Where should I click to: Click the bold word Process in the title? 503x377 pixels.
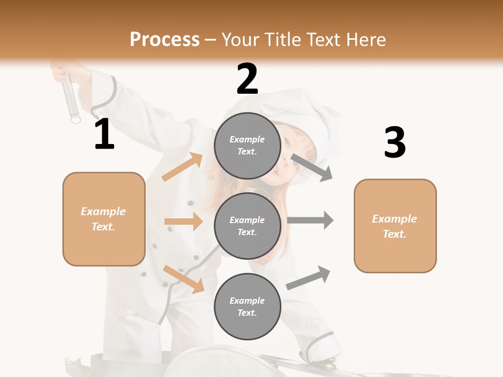[x=165, y=40]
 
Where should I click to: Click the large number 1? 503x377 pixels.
[x=104, y=135]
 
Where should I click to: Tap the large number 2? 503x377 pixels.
[x=247, y=80]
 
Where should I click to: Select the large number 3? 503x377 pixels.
[x=395, y=142]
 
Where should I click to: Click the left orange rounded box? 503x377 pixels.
[x=104, y=219]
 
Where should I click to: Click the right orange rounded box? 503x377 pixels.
[x=395, y=226]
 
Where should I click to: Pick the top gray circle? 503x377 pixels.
[x=247, y=146]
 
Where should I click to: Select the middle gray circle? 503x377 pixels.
[x=247, y=226]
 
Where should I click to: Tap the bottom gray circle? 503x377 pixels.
[x=247, y=306]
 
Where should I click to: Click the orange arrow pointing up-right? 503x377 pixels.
[x=182, y=167]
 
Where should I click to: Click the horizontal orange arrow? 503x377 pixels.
[x=183, y=221]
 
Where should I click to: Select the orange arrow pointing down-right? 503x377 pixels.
[x=183, y=279]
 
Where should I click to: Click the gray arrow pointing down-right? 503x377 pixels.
[x=312, y=168]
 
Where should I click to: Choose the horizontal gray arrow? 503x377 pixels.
[x=310, y=220]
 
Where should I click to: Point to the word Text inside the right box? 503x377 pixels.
[x=395, y=234]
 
